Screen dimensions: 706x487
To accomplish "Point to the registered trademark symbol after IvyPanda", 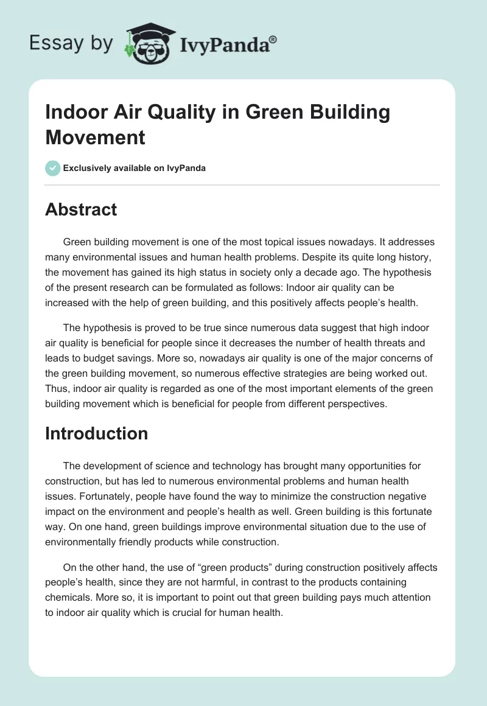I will pyautogui.click(x=273, y=38).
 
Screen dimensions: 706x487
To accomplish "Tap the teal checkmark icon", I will pyautogui.click(x=53, y=168).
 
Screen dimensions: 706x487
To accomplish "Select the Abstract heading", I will pyautogui.click(x=81, y=209).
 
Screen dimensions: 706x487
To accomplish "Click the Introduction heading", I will pyautogui.click(x=97, y=433).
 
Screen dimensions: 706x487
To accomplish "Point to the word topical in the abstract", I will pyautogui.click(x=298, y=242).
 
